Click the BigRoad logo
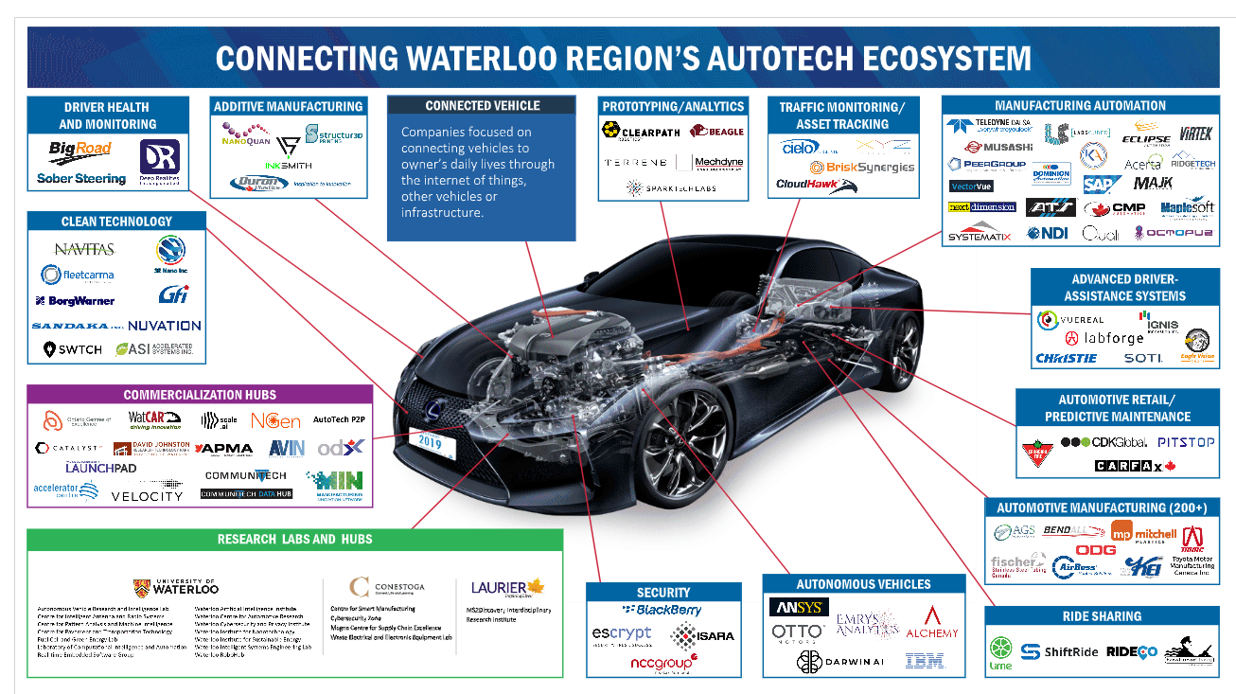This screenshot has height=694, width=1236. [80, 150]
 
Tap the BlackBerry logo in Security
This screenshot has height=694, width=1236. [662, 610]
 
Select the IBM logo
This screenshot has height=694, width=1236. [924, 661]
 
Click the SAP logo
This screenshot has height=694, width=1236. [1102, 184]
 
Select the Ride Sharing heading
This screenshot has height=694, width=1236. [1103, 616]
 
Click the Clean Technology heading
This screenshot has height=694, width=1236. [116, 222]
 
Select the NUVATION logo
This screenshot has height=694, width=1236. [164, 325]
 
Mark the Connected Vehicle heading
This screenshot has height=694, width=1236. [482, 106]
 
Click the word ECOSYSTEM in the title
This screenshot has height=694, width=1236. [924, 59]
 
